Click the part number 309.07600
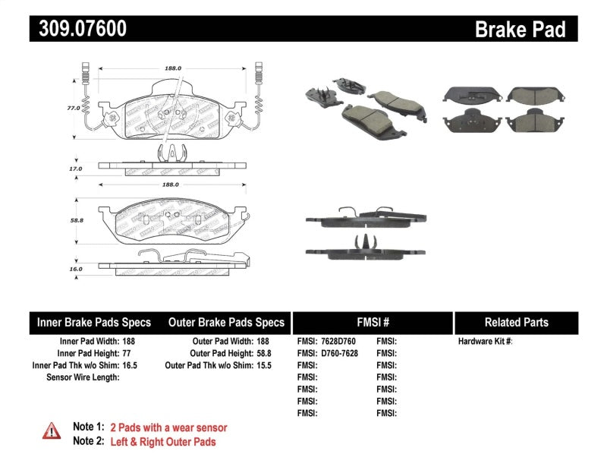pyautogui.click(x=78, y=29)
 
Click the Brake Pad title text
pyautogui.click(x=520, y=29)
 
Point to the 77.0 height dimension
pyautogui.click(x=73, y=108)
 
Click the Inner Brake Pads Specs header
pyautogui.click(x=93, y=322)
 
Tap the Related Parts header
pyautogui.click(x=516, y=322)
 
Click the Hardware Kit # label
pyautogui.click(x=485, y=341)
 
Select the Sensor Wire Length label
pyautogui.click(x=83, y=377)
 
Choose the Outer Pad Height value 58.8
pyautogui.click(x=263, y=353)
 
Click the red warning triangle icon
pyautogui.click(x=52, y=431)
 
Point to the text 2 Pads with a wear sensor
pyautogui.click(x=168, y=427)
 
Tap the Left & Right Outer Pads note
pyautogui.click(x=162, y=441)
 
